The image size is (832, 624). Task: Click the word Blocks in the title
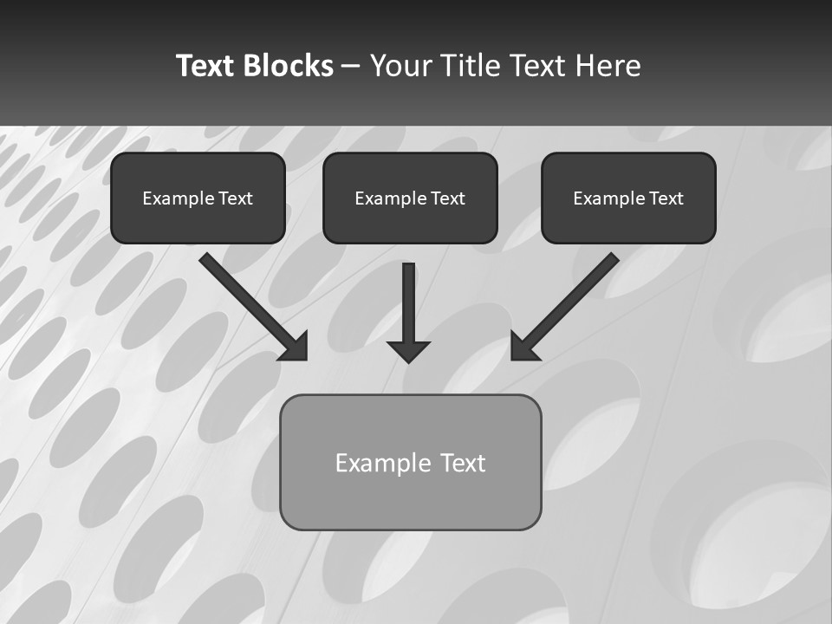287,66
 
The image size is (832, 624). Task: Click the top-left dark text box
198,221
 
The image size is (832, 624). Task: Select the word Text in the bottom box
463,463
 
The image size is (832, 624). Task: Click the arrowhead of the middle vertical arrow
409,351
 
